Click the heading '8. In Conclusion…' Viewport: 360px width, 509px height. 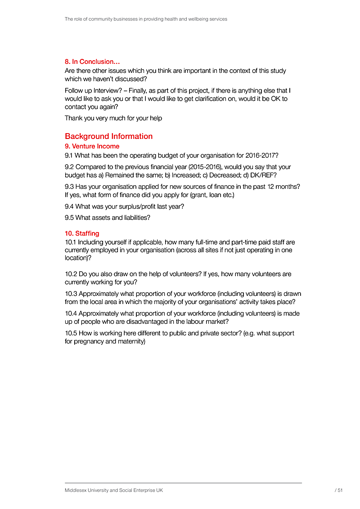(x=92, y=62)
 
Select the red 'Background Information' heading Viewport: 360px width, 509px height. (x=108, y=136)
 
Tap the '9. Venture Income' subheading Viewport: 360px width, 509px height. (x=92, y=146)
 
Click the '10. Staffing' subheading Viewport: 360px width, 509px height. (x=82, y=233)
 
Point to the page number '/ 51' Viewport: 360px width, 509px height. (x=339, y=491)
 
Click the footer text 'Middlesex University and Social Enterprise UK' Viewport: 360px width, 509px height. (x=114, y=491)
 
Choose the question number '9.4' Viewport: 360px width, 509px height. (x=69, y=206)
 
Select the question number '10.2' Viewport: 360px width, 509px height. (x=71, y=274)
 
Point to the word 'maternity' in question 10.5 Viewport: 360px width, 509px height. (x=131, y=341)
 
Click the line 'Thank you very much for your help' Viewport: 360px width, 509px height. (x=113, y=118)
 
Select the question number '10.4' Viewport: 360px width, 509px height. (x=71, y=313)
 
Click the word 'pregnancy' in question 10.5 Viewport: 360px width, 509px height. (x=90, y=341)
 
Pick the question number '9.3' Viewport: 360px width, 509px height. (x=69, y=187)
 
